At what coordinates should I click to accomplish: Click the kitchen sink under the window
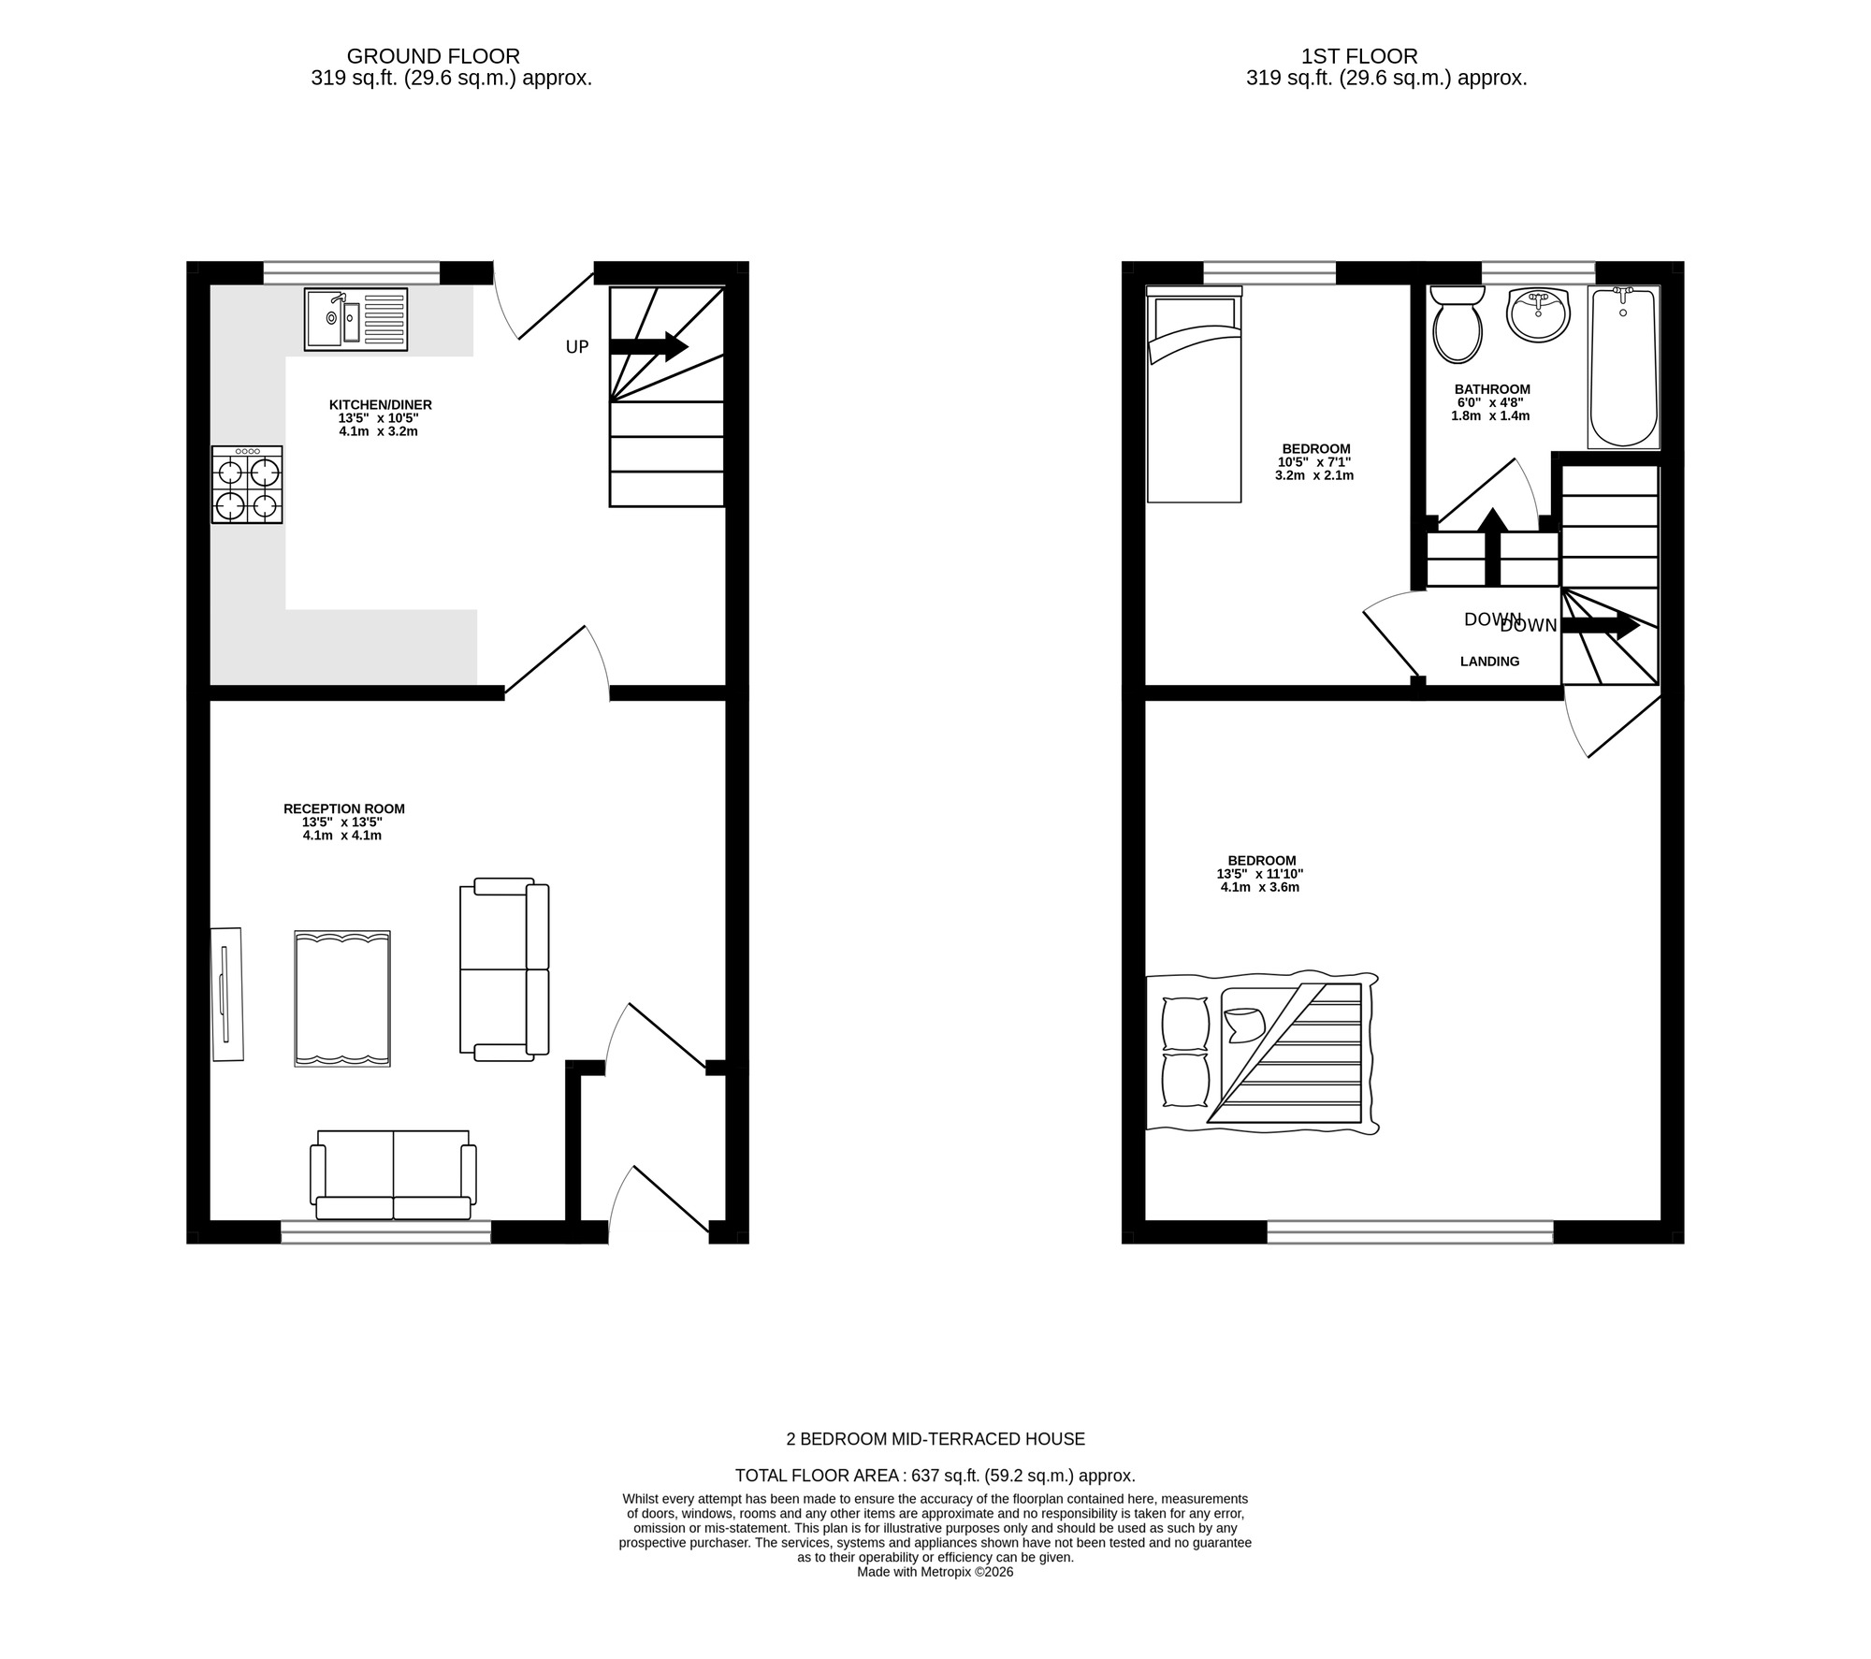(355, 319)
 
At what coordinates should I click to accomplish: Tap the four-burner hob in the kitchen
(247, 485)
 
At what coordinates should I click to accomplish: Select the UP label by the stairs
(577, 347)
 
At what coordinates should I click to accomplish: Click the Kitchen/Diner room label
(380, 405)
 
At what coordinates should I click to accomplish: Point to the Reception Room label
(344, 808)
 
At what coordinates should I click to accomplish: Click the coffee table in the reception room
(342, 998)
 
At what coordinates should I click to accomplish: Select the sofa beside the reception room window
(393, 1175)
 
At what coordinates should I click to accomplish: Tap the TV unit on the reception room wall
(226, 994)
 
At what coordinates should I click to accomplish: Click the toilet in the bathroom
(1457, 325)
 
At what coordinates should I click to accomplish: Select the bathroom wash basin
(1538, 314)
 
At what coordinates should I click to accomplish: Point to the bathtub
(1623, 367)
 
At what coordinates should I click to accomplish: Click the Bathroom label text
(1492, 389)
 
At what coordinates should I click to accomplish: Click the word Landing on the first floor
(1489, 662)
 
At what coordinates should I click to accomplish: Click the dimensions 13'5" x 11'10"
(1259, 874)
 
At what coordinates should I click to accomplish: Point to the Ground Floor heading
(433, 56)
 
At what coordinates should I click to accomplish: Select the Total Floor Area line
(935, 1476)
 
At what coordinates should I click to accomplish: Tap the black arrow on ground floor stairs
(649, 346)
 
